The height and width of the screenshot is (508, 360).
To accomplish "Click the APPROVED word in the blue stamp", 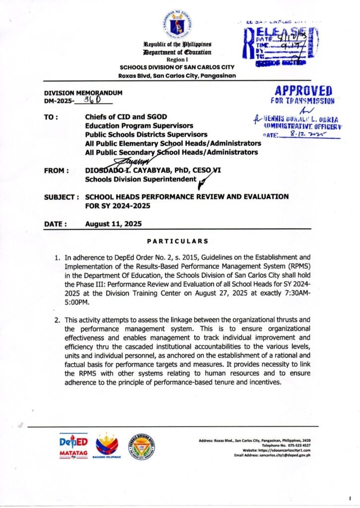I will [x=302, y=91].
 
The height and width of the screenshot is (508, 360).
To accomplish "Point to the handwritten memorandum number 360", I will [x=92, y=100].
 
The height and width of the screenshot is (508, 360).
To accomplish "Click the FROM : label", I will [x=56, y=171].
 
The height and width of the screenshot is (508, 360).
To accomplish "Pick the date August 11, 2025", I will [x=113, y=224].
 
